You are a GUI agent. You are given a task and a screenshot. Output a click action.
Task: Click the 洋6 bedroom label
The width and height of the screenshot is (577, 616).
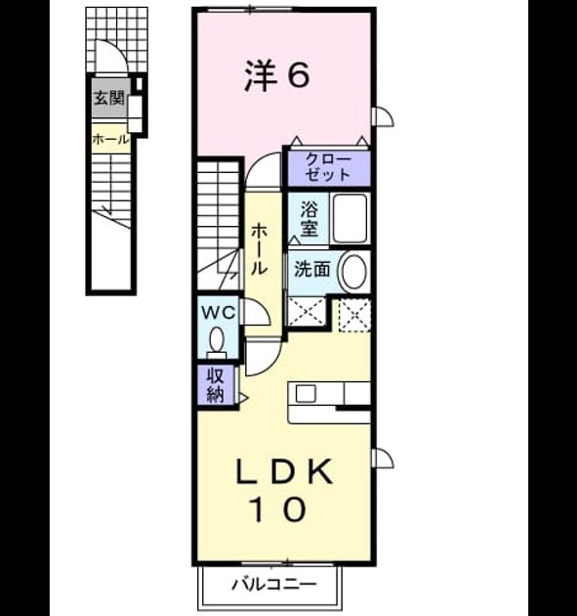tap(277, 75)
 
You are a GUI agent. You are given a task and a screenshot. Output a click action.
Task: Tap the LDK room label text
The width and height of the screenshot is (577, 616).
tap(284, 471)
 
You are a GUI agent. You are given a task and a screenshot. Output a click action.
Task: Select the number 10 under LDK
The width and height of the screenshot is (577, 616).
tap(279, 508)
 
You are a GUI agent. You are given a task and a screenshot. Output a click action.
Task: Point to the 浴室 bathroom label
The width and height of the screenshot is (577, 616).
tap(309, 218)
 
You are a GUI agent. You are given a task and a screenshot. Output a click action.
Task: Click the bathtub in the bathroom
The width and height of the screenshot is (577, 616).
tap(350, 218)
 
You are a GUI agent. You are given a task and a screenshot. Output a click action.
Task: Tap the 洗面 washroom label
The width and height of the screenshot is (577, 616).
tap(311, 270)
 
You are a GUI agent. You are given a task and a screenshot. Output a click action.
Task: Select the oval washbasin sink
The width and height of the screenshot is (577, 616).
tap(352, 272)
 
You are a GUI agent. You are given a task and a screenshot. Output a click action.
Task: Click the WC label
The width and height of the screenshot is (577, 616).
tap(218, 313)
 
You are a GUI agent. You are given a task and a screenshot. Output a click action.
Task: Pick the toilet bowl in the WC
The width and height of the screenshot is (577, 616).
tap(217, 341)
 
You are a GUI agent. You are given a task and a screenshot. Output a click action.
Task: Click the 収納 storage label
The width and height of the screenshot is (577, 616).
tap(216, 385)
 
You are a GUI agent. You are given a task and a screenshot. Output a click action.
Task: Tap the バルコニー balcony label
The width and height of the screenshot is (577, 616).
tap(273, 584)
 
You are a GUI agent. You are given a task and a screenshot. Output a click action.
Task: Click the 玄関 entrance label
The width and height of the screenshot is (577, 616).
tap(109, 98)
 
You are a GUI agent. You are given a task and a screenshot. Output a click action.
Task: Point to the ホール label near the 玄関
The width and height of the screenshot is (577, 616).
tap(111, 139)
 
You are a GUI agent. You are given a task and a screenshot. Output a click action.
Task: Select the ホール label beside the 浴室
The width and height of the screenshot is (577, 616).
tap(259, 248)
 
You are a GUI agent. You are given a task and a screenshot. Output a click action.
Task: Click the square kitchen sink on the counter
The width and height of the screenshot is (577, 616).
tap(306, 393)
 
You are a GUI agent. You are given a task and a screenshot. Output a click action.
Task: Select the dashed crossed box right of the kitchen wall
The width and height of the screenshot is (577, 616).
tap(354, 316)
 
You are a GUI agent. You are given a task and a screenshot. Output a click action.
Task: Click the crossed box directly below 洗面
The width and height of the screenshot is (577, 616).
tap(307, 311)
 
